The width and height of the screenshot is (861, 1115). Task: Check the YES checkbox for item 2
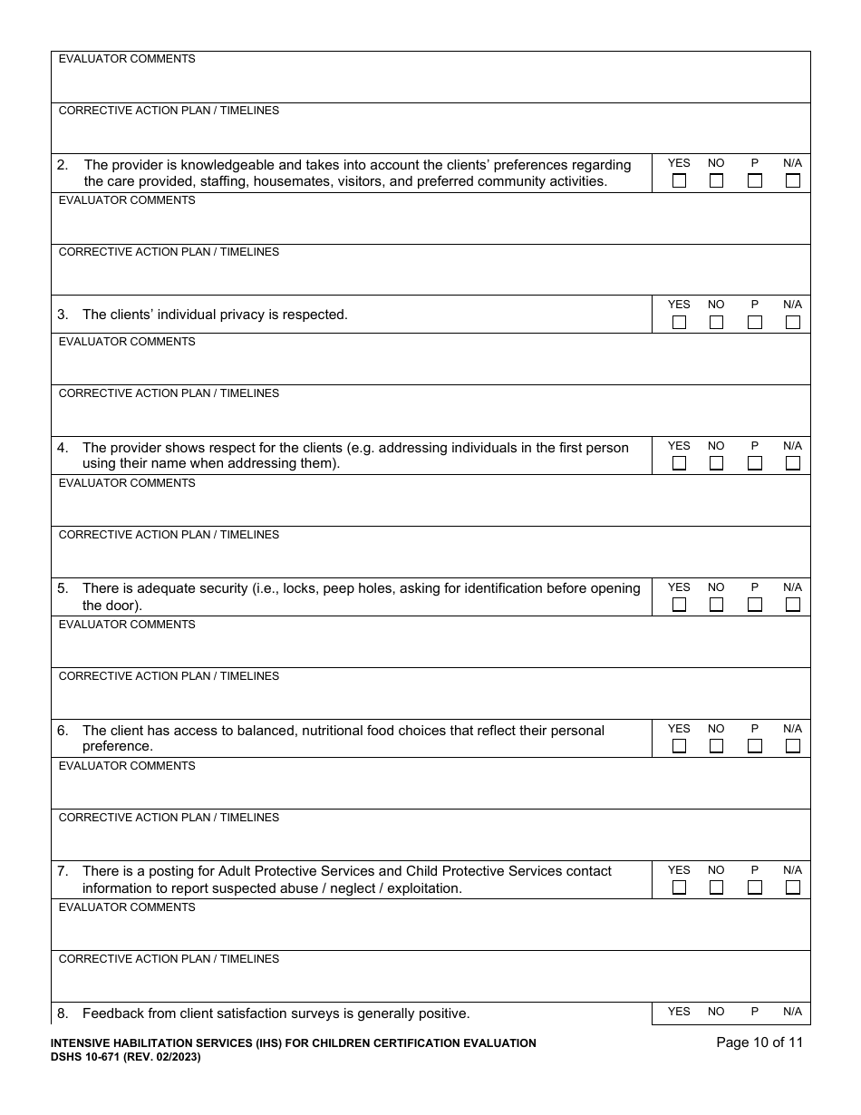point(679,180)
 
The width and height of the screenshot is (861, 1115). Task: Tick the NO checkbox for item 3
point(716,322)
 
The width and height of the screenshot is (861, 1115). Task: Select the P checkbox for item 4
point(754,463)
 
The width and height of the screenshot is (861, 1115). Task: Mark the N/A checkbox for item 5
point(792,605)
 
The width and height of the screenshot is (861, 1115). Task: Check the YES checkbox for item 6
point(679,746)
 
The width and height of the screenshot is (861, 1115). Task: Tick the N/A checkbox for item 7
point(792,887)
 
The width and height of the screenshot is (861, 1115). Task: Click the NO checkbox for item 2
point(716,180)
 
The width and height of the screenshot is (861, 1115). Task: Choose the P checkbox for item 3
point(754,322)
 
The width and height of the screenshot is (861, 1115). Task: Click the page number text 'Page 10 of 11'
point(759,1042)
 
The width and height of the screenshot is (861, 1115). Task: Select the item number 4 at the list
point(62,448)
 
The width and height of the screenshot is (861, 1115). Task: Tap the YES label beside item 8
point(679,1012)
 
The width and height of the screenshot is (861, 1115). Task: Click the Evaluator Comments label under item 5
point(127,625)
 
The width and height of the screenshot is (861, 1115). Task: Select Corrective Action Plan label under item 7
point(169,959)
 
